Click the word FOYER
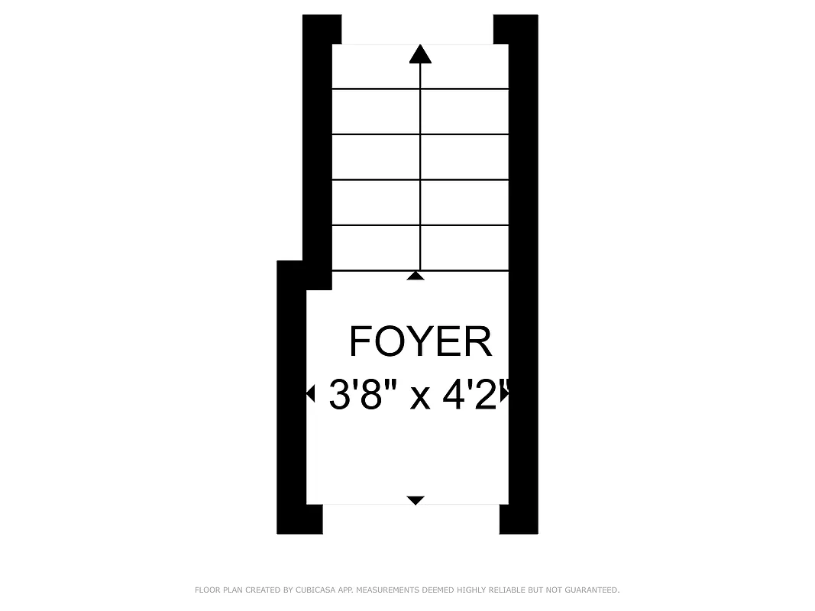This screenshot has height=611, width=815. pyautogui.click(x=420, y=341)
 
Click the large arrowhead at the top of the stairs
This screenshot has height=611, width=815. pyautogui.click(x=420, y=54)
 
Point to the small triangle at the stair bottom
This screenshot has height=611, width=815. pyautogui.click(x=416, y=275)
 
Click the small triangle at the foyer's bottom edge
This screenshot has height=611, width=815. pyautogui.click(x=416, y=500)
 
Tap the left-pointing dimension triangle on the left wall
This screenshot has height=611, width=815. pyautogui.click(x=310, y=394)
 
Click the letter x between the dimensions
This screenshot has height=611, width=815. pyautogui.click(x=420, y=397)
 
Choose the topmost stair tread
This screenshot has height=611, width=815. pyautogui.click(x=420, y=66)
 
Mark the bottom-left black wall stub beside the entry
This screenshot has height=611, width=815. pyautogui.click(x=300, y=519)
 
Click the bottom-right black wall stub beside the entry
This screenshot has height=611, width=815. pyautogui.click(x=519, y=519)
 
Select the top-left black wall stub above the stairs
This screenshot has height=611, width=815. pyautogui.click(x=322, y=29)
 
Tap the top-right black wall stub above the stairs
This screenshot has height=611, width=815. pyautogui.click(x=516, y=29)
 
